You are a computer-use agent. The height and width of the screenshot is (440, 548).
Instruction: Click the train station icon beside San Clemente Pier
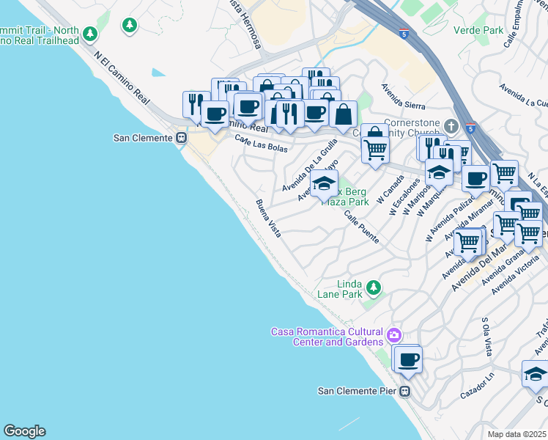point(404,391)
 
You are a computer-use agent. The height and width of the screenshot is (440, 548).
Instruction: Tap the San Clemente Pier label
point(357,391)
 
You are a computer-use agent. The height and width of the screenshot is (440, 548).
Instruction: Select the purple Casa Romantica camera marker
point(395,336)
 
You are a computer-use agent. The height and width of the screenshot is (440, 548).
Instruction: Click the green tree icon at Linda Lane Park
point(374,287)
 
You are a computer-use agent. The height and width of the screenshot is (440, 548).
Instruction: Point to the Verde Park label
point(479,30)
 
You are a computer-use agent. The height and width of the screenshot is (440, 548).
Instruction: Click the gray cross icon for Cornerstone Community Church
point(452,125)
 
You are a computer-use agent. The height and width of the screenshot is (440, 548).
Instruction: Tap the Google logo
point(24,431)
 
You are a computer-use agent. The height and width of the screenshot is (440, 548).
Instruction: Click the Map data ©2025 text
point(517,434)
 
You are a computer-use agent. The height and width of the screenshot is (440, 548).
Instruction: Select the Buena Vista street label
point(268,218)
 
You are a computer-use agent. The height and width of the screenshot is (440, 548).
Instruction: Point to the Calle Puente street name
point(362,228)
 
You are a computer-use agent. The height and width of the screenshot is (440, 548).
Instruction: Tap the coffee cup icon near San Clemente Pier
point(408,359)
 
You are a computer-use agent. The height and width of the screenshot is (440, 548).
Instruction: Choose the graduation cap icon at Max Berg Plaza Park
point(324,183)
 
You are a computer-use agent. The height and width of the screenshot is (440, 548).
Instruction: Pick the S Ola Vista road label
point(486,335)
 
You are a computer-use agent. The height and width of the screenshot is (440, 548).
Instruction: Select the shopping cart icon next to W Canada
point(375,149)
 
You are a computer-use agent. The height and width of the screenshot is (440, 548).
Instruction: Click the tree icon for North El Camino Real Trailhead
point(90,34)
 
